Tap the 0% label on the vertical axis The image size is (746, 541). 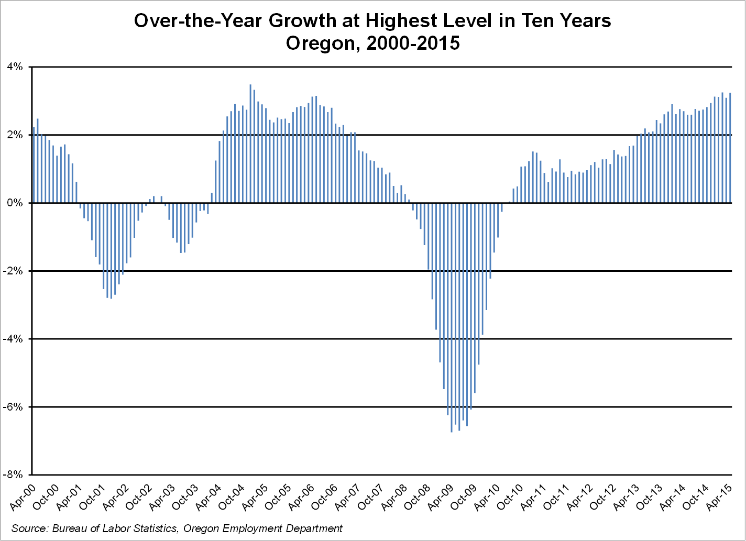16,203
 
